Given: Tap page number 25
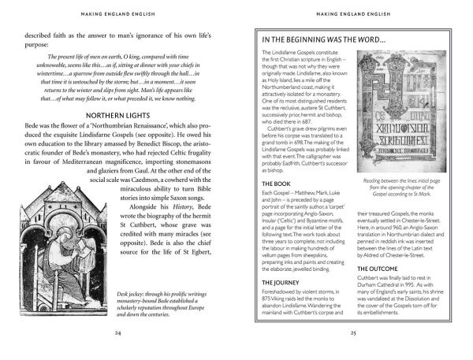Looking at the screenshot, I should [354, 333].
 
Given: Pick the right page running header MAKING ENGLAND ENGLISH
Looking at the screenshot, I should [354, 13].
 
